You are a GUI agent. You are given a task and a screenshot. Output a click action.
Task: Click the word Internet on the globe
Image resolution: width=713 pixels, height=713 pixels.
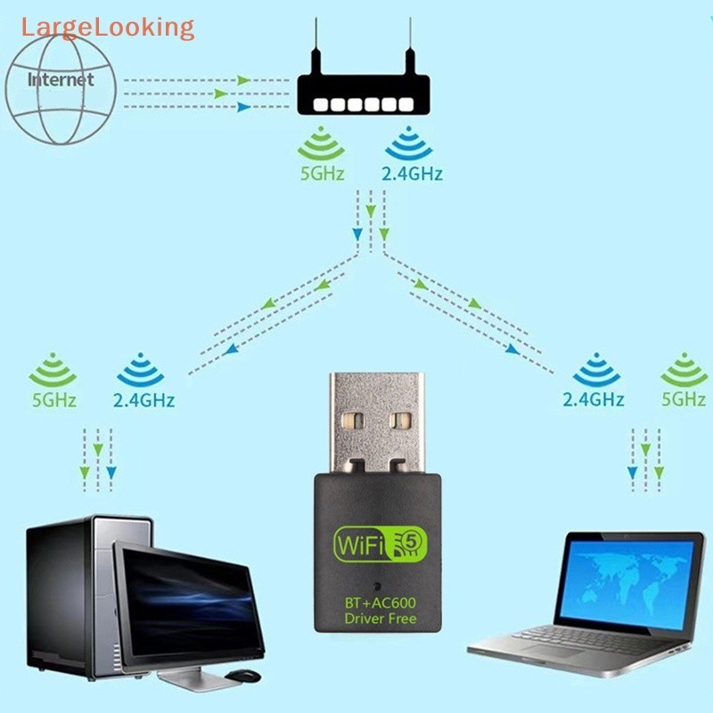[x=61, y=80]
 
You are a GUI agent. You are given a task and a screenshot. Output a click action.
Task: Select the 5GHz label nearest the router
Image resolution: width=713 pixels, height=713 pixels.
[x=322, y=174]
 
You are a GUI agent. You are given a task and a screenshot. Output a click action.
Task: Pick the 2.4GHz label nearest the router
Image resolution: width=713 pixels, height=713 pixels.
[x=412, y=174]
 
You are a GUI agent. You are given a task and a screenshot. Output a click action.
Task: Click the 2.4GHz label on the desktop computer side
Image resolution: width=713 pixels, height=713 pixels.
[x=143, y=400]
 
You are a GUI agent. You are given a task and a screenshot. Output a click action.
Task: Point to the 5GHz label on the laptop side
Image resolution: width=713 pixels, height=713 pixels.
[x=684, y=399]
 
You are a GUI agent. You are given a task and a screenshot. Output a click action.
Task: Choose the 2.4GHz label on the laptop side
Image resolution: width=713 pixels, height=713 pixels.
[x=593, y=399]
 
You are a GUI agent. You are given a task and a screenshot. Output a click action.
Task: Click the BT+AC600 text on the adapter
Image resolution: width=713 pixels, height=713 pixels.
[x=381, y=602]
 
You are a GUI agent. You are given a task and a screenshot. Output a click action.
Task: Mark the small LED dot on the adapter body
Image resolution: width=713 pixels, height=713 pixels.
[x=380, y=587]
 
